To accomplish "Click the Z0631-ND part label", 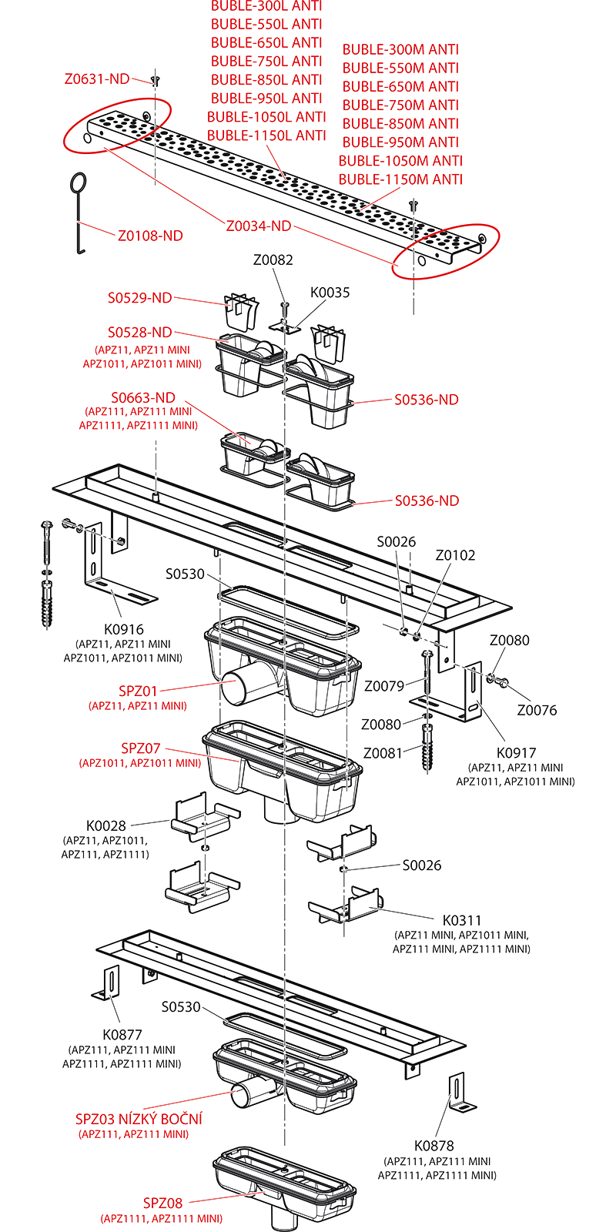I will [x=97, y=79].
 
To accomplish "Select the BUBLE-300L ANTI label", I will [x=266, y=6].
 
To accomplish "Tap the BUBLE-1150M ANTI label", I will [x=400, y=179].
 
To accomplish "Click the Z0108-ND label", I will [x=150, y=236].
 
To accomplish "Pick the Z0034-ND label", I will [x=259, y=226].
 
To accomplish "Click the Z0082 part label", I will [x=273, y=260].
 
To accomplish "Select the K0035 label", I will [x=330, y=293].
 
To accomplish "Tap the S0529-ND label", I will [x=139, y=298].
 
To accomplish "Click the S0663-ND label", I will [x=143, y=398].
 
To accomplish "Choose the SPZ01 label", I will [x=138, y=691].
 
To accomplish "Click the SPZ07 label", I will [x=141, y=748].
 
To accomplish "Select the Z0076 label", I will [x=537, y=710].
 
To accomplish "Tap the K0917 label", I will [x=516, y=752].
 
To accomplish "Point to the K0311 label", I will [x=462, y=920].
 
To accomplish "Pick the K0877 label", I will [x=123, y=1034].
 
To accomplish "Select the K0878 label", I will [x=435, y=1145].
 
